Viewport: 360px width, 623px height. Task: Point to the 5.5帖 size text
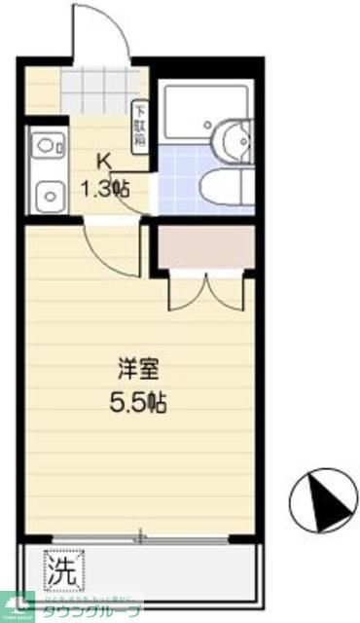140,399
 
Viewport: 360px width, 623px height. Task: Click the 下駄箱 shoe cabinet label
140,124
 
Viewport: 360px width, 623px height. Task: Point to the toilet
225,189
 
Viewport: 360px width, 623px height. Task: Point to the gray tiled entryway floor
96,93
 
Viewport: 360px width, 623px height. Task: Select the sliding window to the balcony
146,537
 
